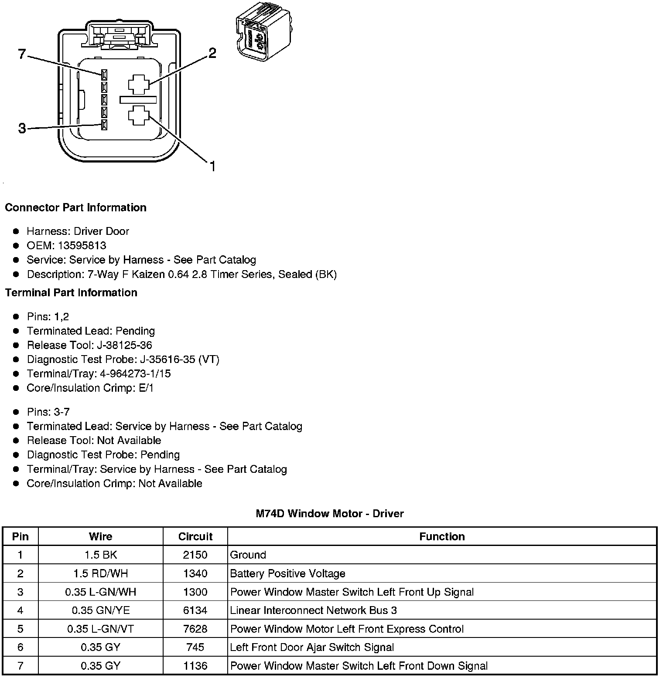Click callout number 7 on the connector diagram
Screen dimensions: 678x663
[x=22, y=54]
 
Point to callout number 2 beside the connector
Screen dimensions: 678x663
[x=212, y=53]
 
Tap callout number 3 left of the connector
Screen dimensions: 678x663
[x=22, y=129]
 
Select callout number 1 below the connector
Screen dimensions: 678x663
[x=212, y=166]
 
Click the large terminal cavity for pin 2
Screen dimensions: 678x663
[x=139, y=84]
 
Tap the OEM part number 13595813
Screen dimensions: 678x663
[x=82, y=245]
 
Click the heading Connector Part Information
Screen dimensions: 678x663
[x=75, y=207]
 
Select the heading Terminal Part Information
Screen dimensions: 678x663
[x=71, y=292]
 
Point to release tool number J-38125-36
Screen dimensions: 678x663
[x=124, y=345]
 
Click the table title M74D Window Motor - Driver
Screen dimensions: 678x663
[x=330, y=514]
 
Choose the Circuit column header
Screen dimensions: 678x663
[x=195, y=536]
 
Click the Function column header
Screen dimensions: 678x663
[x=442, y=536]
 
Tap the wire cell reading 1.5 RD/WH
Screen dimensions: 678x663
[x=101, y=573]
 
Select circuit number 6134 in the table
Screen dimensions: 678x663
[x=195, y=610]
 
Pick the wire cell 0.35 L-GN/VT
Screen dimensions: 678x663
[x=101, y=629]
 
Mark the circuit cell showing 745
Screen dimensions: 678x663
[x=195, y=647]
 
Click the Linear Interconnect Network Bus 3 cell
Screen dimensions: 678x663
[x=313, y=610]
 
